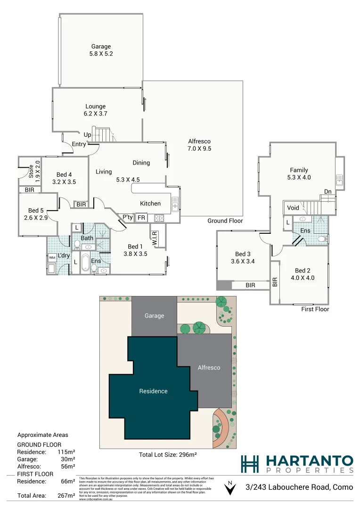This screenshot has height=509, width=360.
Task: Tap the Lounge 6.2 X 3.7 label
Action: pyautogui.click(x=95, y=110)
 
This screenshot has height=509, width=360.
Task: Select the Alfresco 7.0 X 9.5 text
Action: pyautogui.click(x=199, y=145)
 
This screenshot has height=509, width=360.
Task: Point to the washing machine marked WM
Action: pyautogui.click(x=52, y=258)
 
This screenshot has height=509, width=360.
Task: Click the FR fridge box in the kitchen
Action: pyautogui.click(x=141, y=218)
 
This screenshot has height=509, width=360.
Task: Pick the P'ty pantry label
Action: pyautogui.click(x=127, y=217)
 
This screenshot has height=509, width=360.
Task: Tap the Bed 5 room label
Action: pyautogui.click(x=36, y=214)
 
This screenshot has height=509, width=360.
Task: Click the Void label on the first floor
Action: pyautogui.click(x=293, y=207)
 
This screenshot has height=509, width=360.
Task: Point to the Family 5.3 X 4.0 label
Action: pyautogui.click(x=299, y=174)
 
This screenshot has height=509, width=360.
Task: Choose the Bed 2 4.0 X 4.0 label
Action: pyautogui.click(x=304, y=274)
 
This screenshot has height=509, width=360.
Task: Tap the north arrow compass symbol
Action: pyautogui.click(x=229, y=489)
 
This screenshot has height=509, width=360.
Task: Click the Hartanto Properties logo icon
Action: pyautogui.click(x=250, y=463)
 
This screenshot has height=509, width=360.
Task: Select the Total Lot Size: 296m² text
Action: pyautogui.click(x=168, y=455)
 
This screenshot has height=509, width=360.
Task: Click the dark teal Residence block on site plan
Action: pyautogui.click(x=153, y=391)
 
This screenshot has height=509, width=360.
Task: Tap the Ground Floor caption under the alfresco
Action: pyautogui.click(x=225, y=221)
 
